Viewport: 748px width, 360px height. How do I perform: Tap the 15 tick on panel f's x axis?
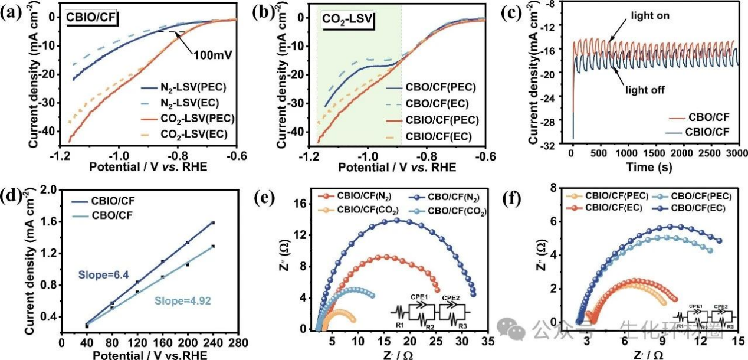tap(737, 343)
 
